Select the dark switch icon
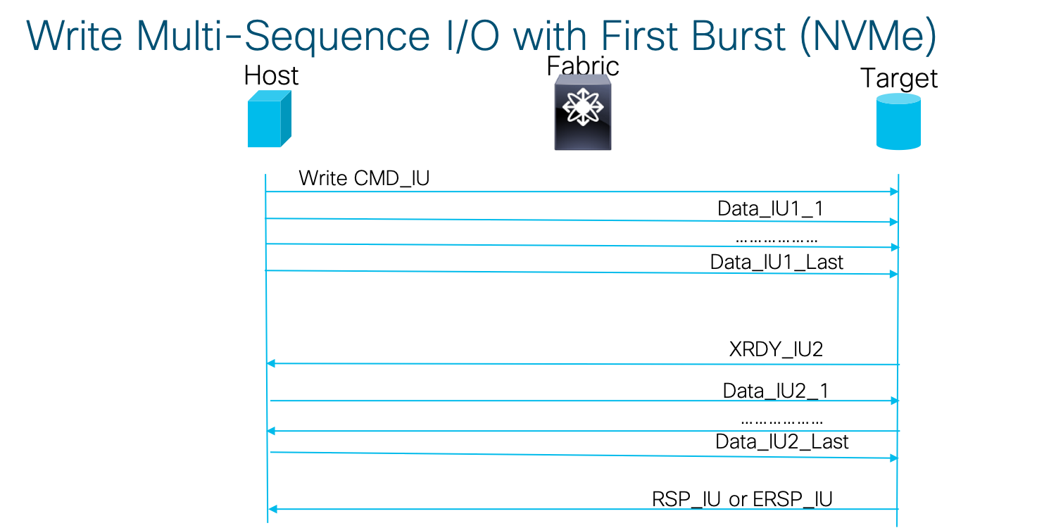pyautogui.click(x=583, y=114)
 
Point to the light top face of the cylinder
pyautogui.click(x=898, y=99)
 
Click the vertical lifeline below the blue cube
pyautogui.click(x=266, y=317)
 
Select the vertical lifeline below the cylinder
pyautogui.click(x=898, y=317)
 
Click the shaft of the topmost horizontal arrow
pyautogui.click(x=577, y=191)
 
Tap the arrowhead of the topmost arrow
pyautogui.click(x=894, y=191)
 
